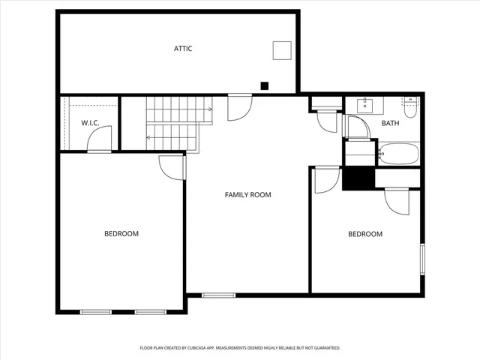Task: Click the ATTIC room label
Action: pyautogui.click(x=183, y=49)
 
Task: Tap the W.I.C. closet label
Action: pyautogui.click(x=91, y=122)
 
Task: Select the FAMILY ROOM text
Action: pyautogui.click(x=247, y=195)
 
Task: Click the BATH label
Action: pyautogui.click(x=390, y=123)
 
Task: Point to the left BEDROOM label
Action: pyautogui.click(x=121, y=234)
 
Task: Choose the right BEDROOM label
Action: pyautogui.click(x=365, y=234)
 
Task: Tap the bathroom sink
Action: pyautogui.click(x=366, y=103)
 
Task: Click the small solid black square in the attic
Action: pyautogui.click(x=264, y=85)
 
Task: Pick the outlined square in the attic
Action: pyautogui.click(x=281, y=50)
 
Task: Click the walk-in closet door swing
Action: pyautogui.click(x=100, y=139)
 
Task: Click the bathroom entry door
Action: pyautogui.click(x=357, y=127)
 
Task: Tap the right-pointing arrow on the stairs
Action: pyautogui.click(x=209, y=109)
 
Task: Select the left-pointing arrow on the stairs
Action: pyautogui.click(x=149, y=137)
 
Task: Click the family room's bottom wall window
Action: pyautogui.click(x=218, y=295)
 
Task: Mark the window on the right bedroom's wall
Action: pyautogui.click(x=422, y=258)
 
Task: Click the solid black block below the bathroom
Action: pyautogui.click(x=358, y=178)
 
